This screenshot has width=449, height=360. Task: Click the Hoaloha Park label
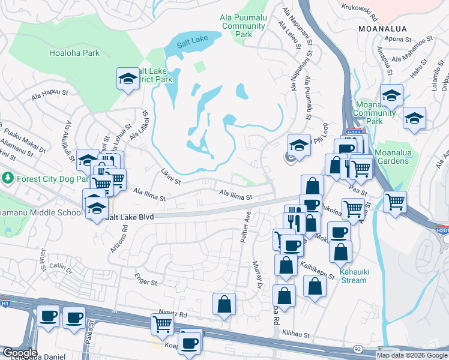(74, 53)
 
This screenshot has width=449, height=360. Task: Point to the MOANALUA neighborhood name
(382, 28)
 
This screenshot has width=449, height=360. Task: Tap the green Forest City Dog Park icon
(7, 178)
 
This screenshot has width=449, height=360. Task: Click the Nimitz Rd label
(173, 314)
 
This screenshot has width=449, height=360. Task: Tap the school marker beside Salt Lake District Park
(128, 79)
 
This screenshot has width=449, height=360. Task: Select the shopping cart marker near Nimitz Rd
(163, 325)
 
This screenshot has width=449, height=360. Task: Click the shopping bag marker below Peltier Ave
(224, 304)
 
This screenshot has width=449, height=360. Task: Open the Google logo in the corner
(19, 353)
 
